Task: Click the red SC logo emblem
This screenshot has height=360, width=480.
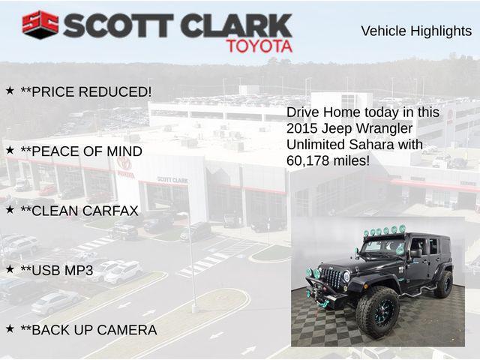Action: [x=40, y=25]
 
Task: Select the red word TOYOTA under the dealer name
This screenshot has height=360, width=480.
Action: [x=259, y=46]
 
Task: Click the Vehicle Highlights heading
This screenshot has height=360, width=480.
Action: [x=416, y=31]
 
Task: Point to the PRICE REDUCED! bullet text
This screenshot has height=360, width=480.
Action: [x=86, y=91]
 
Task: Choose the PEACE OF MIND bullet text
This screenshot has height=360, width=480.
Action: [x=81, y=151]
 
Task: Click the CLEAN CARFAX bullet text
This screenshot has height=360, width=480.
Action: [x=79, y=211]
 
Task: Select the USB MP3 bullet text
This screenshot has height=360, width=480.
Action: [x=57, y=270]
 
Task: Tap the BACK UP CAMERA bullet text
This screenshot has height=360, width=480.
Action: [x=88, y=330]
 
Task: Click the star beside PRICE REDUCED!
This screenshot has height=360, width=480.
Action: [x=10, y=90]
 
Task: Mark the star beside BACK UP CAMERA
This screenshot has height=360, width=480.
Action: [x=10, y=328]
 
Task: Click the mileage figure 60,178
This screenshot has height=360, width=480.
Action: [x=310, y=160]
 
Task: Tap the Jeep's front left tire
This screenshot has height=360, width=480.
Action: [x=376, y=311]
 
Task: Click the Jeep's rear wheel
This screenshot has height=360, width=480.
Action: [x=444, y=283]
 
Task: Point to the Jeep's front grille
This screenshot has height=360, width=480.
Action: [x=332, y=278]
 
